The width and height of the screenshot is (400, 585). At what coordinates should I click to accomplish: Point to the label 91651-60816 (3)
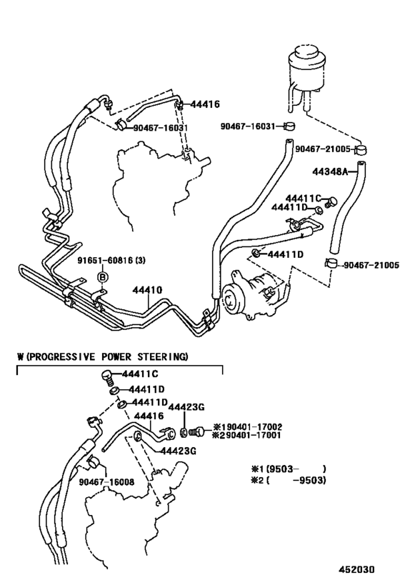pyautogui.click(x=113, y=261)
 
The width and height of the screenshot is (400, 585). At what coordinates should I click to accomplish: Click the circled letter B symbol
pyautogui.click(x=102, y=276)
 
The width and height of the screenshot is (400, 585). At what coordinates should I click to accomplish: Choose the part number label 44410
pyautogui.click(x=147, y=291)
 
